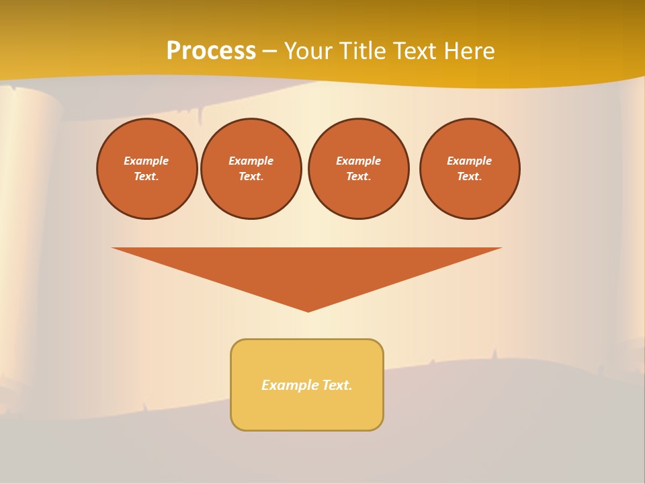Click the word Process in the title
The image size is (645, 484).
[211, 51]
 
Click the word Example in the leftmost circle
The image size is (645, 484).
[146, 161]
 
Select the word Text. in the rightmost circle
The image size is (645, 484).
[470, 177]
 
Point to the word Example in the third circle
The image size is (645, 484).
[359, 161]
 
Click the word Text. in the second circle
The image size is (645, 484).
[251, 177]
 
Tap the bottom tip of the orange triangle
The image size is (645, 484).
[308, 310]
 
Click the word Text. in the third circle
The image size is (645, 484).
[359, 177]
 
